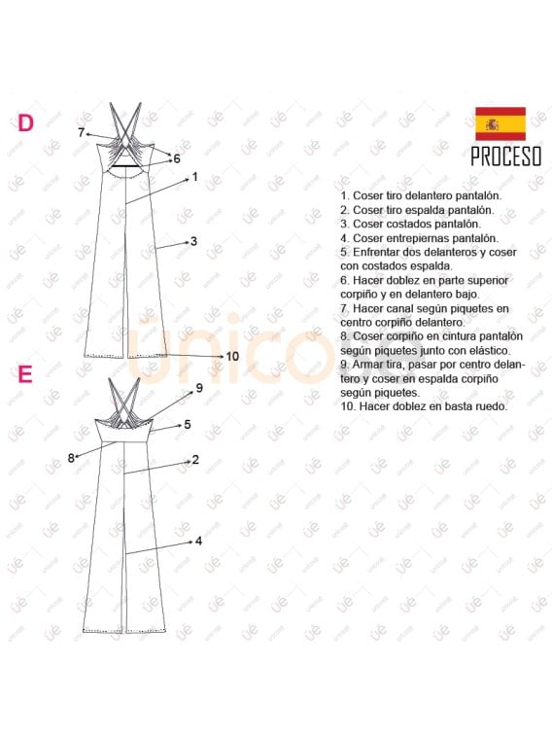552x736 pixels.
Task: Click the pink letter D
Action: (26, 123)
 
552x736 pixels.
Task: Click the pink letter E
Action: (25, 374)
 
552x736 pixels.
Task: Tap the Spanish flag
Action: (500, 123)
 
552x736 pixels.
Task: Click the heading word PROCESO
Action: (506, 157)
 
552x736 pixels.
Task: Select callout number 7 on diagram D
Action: (81, 133)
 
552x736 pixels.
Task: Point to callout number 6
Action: (177, 158)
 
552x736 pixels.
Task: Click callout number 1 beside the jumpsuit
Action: (195, 177)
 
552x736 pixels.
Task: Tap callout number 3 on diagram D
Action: (193, 241)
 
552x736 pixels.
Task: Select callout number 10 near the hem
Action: (232, 356)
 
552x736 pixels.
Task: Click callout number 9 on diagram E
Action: (199, 388)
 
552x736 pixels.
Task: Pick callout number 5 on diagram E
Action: (188, 424)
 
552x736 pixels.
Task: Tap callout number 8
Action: (71, 458)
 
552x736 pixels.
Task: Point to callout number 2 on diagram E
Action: (195, 460)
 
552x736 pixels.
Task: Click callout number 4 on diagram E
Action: (198, 542)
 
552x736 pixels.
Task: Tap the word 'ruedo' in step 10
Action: (494, 406)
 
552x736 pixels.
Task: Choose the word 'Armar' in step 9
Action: (365, 365)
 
